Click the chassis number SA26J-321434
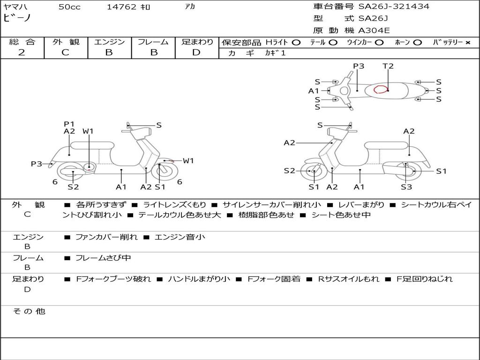click(394, 7)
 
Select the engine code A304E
click(374, 30)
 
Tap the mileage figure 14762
click(121, 7)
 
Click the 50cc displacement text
click(69, 7)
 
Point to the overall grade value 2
click(22, 52)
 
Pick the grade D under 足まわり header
click(196, 52)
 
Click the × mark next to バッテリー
click(467, 43)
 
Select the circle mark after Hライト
click(296, 43)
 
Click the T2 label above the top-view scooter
click(388, 66)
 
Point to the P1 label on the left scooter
click(69, 124)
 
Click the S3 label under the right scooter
click(406, 187)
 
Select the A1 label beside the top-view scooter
click(314, 91)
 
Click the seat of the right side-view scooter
click(387, 146)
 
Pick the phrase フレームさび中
click(103, 258)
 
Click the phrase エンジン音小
click(180, 237)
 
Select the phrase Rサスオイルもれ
click(349, 279)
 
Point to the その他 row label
click(29, 311)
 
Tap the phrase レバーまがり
click(361, 204)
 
